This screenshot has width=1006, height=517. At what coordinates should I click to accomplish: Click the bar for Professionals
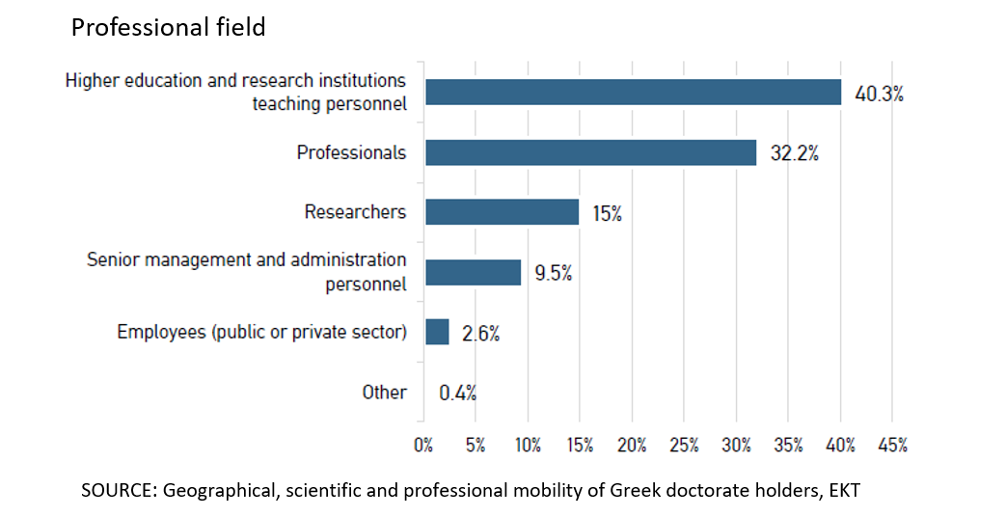(590, 152)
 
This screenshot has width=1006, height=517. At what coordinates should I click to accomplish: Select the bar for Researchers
(502, 212)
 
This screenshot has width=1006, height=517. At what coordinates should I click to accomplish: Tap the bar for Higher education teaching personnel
(633, 93)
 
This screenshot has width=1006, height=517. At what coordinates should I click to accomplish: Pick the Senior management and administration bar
(473, 273)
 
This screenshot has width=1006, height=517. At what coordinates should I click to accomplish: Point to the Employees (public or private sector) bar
(437, 332)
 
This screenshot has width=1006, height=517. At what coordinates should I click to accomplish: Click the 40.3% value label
(879, 95)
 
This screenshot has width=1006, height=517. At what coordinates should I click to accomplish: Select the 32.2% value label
(794, 153)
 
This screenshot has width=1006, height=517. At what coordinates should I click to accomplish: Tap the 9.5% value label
(553, 274)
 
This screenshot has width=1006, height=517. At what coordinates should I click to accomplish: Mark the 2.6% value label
(480, 334)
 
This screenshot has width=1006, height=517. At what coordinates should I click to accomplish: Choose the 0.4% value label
(457, 394)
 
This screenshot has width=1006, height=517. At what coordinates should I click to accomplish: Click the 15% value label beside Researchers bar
(607, 214)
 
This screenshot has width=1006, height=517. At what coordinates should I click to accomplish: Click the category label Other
(384, 393)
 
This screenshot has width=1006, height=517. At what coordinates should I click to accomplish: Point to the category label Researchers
(355, 212)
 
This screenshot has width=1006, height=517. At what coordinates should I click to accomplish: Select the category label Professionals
(351, 152)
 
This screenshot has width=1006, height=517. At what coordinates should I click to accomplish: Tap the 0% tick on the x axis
(423, 446)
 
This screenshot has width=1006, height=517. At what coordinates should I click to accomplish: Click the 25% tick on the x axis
(684, 446)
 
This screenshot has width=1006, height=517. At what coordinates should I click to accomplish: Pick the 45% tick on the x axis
(892, 446)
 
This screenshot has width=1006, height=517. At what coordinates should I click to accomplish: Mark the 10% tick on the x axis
(528, 446)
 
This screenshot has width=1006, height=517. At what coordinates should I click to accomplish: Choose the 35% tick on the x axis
(788, 446)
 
